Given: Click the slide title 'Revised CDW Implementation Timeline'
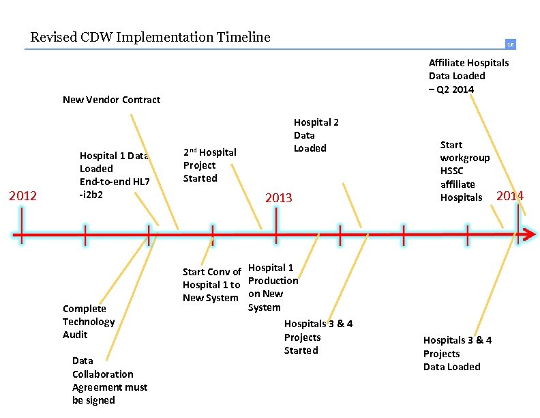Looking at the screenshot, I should [x=150, y=37].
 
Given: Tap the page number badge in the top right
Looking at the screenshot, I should [x=509, y=44].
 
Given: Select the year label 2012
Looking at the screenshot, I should [x=22, y=197].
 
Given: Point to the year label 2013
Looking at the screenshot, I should [x=278, y=198].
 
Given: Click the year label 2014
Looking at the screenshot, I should [x=510, y=196].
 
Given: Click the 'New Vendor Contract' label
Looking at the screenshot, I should [x=111, y=100].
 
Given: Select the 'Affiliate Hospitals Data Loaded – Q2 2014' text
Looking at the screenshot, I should [x=468, y=76].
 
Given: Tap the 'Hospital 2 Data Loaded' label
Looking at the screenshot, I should [x=315, y=135].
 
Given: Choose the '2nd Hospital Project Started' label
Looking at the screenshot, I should [x=209, y=165].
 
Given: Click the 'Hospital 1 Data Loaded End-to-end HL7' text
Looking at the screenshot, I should [x=115, y=175].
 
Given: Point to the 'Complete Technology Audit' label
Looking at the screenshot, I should [x=89, y=322].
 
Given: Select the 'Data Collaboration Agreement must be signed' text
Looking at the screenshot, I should [x=110, y=380].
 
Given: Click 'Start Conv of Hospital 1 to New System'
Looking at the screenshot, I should [x=211, y=285].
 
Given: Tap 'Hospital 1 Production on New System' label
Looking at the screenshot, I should [x=273, y=288].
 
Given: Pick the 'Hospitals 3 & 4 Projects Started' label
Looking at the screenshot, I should [x=318, y=337].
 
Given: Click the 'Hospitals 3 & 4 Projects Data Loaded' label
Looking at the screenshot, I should [x=457, y=353].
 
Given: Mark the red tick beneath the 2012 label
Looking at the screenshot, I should [x=22, y=225].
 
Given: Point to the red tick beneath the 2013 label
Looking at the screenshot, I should [x=276, y=225].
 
